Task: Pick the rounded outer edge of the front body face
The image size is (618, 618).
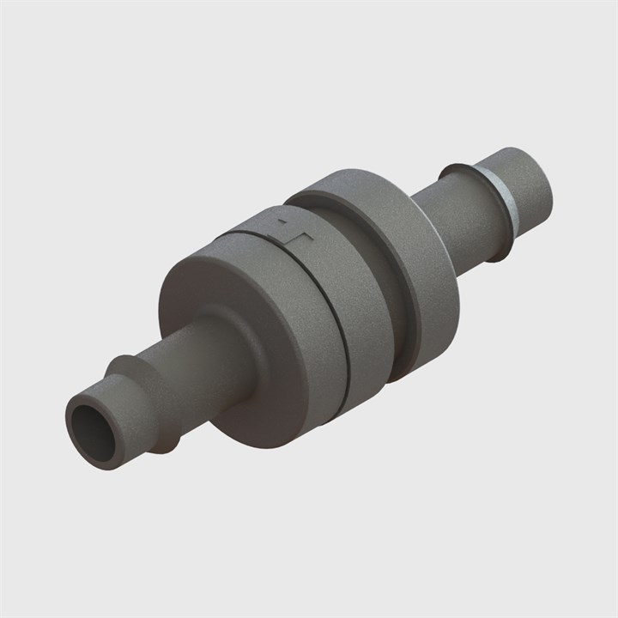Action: pyautogui.click(x=167, y=283)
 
